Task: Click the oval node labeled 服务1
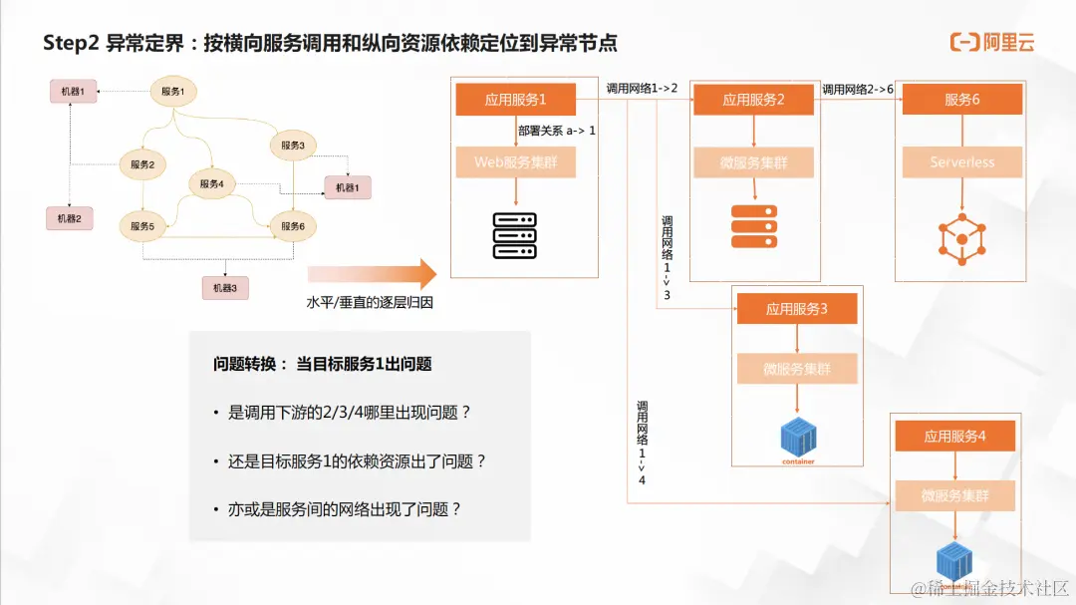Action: (173, 92)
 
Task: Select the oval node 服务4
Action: (211, 183)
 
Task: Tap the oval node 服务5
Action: (142, 226)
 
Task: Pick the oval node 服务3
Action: (293, 146)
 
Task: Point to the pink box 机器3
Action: (225, 288)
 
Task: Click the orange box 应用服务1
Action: (516, 100)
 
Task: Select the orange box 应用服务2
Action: (753, 100)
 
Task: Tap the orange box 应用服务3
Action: (797, 309)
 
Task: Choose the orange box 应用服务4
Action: (954, 436)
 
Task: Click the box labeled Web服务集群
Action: (516, 162)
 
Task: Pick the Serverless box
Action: (962, 162)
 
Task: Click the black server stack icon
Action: (515, 236)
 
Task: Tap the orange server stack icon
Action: (753, 226)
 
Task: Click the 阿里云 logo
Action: (992, 42)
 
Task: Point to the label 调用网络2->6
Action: (858, 90)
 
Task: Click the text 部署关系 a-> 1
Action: (556, 131)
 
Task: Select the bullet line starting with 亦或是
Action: (338, 508)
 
